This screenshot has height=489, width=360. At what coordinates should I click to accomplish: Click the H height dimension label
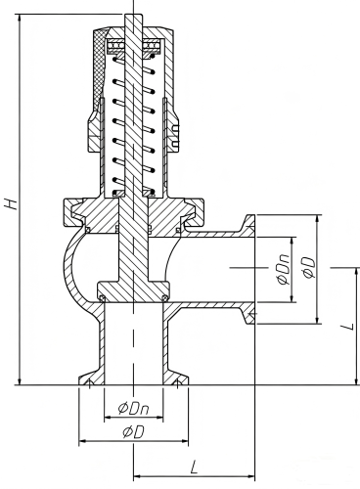coord(11,203)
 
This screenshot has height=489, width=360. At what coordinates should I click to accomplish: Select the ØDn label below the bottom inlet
coord(134,408)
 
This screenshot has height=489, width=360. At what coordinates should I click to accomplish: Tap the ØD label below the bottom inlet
coord(133,432)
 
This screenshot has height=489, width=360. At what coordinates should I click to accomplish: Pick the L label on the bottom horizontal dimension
coord(195,467)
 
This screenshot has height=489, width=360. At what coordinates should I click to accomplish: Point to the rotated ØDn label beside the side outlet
coord(283,268)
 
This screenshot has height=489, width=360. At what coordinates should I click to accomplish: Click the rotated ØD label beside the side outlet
coord(309,268)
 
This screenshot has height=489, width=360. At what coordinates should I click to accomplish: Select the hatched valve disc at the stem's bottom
coord(133,291)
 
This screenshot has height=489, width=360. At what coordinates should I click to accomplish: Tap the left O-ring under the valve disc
coord(102,298)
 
